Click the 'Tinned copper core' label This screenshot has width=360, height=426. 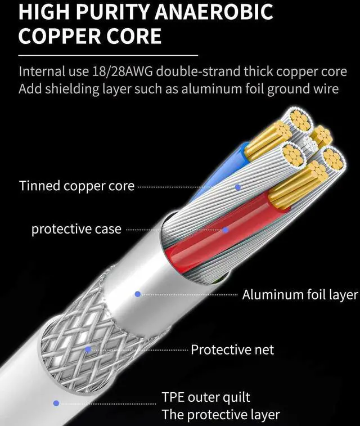tap(76, 186)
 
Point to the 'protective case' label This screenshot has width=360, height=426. tap(76, 229)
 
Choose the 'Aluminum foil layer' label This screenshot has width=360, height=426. tap(300, 295)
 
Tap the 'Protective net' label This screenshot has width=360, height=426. tap(232, 349)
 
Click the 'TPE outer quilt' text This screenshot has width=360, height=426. tap(206, 397)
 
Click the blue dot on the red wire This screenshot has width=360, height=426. tap(225, 230)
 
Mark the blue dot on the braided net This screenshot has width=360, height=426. tap(88, 349)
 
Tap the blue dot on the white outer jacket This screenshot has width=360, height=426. tap(56, 403)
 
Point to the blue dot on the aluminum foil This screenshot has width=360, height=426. tap(137, 294)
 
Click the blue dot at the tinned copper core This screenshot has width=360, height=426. tap(237, 186)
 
